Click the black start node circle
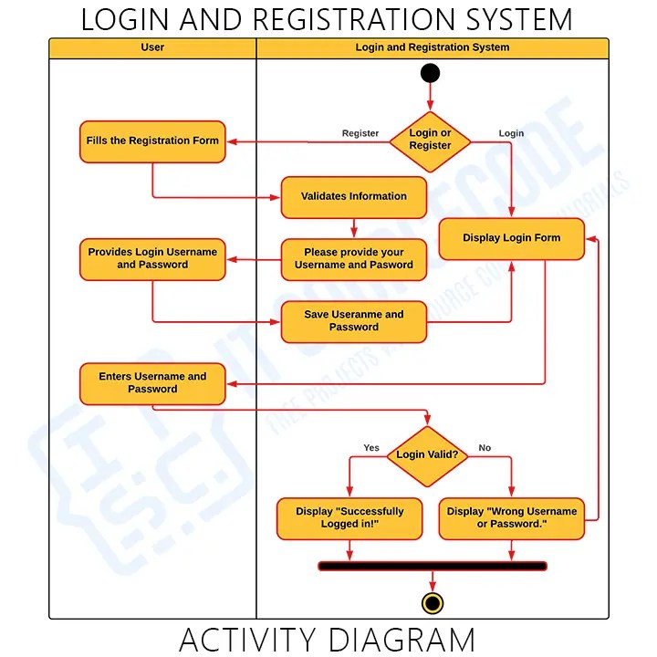[430, 74]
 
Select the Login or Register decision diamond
[430, 141]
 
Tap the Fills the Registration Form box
[152, 141]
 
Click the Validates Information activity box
[353, 197]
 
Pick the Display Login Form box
[511, 238]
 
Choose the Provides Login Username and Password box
[152, 259]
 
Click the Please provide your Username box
[353, 259]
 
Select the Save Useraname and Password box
[353, 321]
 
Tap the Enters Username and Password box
[152, 383]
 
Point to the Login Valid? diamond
[427, 454]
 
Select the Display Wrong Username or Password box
[511, 518]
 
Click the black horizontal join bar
[433, 567]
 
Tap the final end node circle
[433, 603]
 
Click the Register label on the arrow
[360, 133]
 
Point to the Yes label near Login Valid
[371, 448]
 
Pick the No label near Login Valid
[485, 448]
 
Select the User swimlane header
[152, 47]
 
